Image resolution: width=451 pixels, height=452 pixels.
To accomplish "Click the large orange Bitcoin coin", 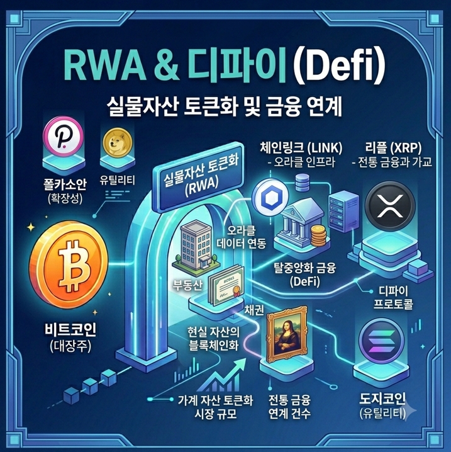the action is (69, 264).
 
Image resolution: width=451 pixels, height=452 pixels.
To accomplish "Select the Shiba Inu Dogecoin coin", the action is (117, 143).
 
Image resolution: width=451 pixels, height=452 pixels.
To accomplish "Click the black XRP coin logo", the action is (390, 204).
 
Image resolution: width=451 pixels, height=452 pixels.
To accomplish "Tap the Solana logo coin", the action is (382, 342).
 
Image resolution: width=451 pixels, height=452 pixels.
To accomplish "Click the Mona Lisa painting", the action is (286, 335).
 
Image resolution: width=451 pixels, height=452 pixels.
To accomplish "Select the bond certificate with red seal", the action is (226, 284).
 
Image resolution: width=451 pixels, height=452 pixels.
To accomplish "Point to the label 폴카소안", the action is (65, 184).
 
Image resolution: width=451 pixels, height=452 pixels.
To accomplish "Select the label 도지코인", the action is (382, 398).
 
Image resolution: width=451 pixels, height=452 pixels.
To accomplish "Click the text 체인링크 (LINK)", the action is (301, 148).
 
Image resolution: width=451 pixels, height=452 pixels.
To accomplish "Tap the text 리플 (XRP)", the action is (393, 148).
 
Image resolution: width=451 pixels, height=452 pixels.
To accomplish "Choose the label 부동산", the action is (187, 285).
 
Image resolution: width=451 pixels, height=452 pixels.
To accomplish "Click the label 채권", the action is (254, 310).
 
